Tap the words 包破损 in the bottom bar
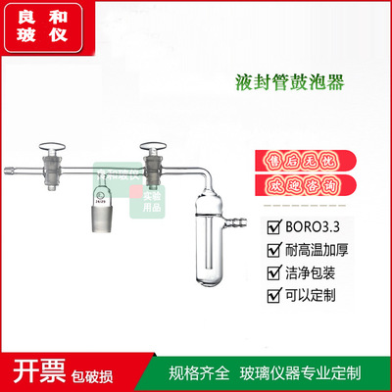pyautogui.click(x=100, y=373)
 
